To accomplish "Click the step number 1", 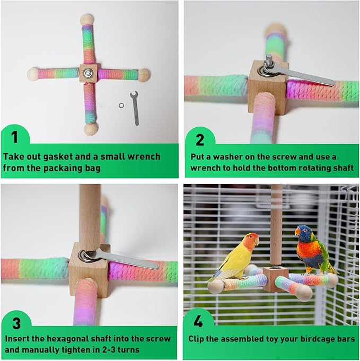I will [14, 137].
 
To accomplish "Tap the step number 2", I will [199, 139].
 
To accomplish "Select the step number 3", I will [14, 323].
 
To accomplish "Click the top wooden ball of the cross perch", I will [86, 20].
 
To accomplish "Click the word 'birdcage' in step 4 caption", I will [314, 338].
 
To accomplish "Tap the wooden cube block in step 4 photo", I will [276, 279].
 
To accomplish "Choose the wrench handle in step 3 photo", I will [133, 261].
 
